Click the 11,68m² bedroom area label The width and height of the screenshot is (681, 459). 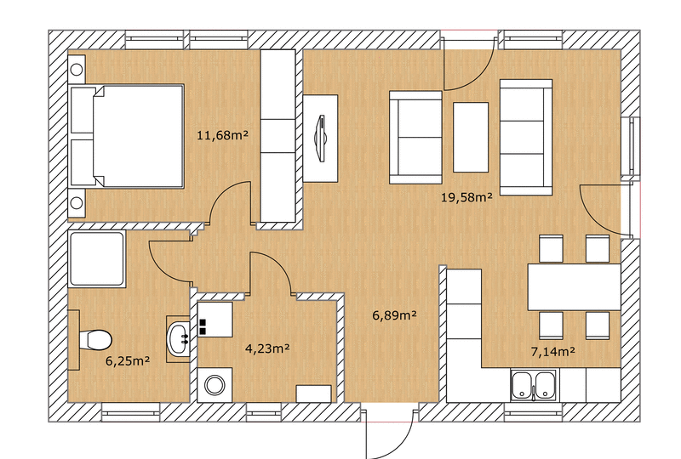coord(222,135)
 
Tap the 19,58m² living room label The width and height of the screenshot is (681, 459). coord(466,198)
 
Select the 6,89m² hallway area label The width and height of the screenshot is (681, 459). coord(395,315)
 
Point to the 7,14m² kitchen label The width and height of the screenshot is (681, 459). coord(553,351)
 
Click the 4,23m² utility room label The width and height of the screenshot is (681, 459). coord(267,348)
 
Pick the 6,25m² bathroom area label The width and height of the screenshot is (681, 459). coord(129,360)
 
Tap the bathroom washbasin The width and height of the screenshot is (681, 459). coord(179,339)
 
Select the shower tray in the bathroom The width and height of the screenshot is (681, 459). coord(97,259)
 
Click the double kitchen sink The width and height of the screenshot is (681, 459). coord(534,385)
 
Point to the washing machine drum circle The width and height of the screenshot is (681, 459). coord(215,385)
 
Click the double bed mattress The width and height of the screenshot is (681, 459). coord(139,136)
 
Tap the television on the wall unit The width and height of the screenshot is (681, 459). coord(322,138)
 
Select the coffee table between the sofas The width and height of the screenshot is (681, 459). coord(471,137)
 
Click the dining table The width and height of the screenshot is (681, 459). coord(574,286)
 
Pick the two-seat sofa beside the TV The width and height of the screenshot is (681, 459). coord(415,138)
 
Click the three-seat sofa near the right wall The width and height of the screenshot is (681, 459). coord(526,137)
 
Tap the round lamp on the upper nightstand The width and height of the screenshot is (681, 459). coord(77,70)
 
